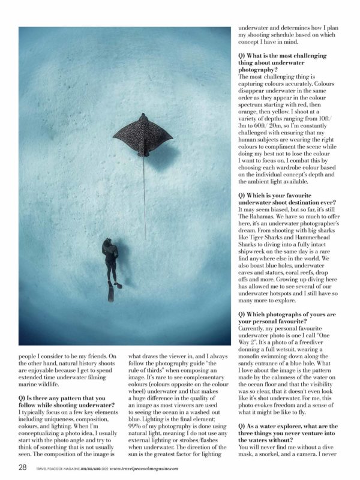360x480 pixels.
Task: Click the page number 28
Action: [x=22, y=467]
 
